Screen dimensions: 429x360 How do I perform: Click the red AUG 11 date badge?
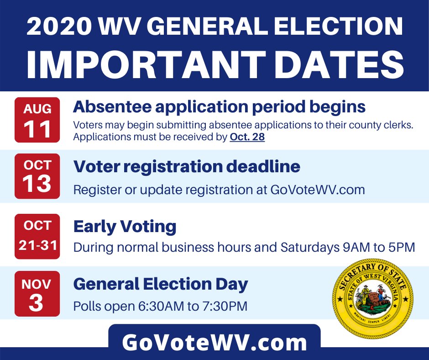pyautogui.click(x=37, y=120)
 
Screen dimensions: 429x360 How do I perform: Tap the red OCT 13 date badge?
pyautogui.click(x=37, y=176)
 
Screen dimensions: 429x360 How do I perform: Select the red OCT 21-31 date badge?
pyautogui.click(x=37, y=237)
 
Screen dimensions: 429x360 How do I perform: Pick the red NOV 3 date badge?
pyautogui.click(x=37, y=294)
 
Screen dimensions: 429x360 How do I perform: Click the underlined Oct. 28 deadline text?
pyautogui.click(x=247, y=137)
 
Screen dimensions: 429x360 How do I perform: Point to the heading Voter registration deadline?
pyautogui.click(x=187, y=166)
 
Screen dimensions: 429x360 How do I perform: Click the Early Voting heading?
pyautogui.click(x=125, y=227)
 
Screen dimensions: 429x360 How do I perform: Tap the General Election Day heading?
pyautogui.click(x=161, y=284)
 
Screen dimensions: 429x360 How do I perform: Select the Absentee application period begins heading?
pyautogui.click(x=220, y=107)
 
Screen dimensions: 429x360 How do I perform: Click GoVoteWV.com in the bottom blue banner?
pyautogui.click(x=214, y=342)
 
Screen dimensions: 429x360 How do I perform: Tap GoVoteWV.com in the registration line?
pyautogui.click(x=318, y=190)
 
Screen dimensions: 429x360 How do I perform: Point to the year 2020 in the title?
pyautogui.click(x=59, y=26)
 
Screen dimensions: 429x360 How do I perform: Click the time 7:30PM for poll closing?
pyautogui.click(x=225, y=306)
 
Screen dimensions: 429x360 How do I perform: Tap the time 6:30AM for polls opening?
pyautogui.click(x=161, y=306)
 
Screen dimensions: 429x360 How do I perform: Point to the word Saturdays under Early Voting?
pyautogui.click(x=310, y=248)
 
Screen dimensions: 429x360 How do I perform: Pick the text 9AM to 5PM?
pyautogui.click(x=379, y=248)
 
